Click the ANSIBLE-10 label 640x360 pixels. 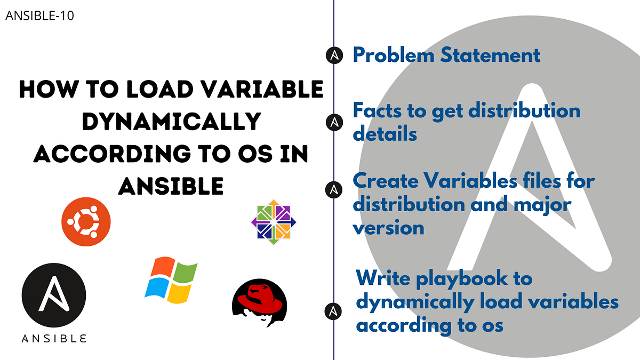[x=39, y=16]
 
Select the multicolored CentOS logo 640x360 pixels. [x=274, y=222]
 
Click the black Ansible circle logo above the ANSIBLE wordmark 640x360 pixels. [x=53, y=295]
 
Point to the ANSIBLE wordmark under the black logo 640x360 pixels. [x=54, y=338]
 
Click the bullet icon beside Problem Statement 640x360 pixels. [x=334, y=55]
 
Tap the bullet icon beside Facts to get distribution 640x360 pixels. [x=334, y=122]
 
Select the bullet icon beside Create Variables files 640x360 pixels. [x=334, y=189]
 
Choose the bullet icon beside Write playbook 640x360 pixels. [x=334, y=310]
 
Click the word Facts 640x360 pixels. [x=377, y=111]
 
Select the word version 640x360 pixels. [x=388, y=227]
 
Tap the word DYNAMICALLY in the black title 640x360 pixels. [x=170, y=122]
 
